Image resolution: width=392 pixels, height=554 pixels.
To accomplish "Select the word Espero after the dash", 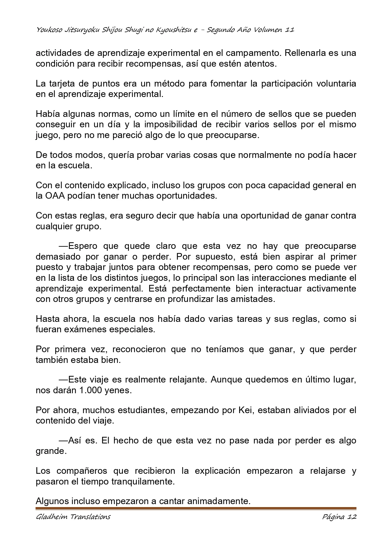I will coord(82,246).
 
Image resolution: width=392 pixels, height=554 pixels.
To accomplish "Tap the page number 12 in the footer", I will coord(352,517).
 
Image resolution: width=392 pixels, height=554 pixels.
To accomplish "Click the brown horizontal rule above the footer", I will coord(196,509).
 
